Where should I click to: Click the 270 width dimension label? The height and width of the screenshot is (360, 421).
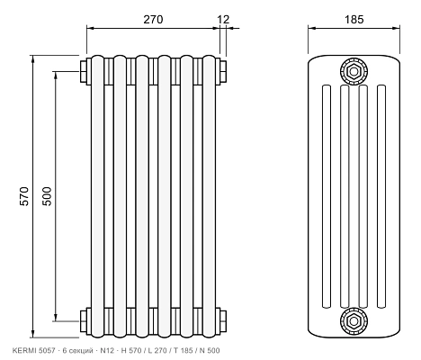coord(153,20)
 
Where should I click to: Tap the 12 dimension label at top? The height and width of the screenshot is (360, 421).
coord(223,20)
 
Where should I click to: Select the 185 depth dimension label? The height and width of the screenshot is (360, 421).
coord(354,20)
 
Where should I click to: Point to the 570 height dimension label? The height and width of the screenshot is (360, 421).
coord(24,196)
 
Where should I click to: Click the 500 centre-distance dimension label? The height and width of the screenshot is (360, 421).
coord(47,196)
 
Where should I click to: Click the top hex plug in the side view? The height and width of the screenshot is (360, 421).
coord(354,71)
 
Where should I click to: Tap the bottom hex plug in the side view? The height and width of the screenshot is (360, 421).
coord(354,321)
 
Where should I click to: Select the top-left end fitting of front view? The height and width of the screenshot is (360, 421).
coord(84,71)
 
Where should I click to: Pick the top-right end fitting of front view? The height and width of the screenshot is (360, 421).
coord(223,71)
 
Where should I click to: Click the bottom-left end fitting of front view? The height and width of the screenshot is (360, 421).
coord(84,321)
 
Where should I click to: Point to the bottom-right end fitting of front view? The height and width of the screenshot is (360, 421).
coord(223,321)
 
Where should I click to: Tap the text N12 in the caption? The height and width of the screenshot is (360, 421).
coord(107,350)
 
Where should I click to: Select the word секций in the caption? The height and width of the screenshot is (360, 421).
coord(80,351)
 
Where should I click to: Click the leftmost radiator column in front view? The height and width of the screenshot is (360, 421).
coord(97,196)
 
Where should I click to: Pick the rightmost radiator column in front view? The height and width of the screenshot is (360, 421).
coord(210,196)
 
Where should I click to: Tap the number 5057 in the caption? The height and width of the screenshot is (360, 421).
coord(47,350)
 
